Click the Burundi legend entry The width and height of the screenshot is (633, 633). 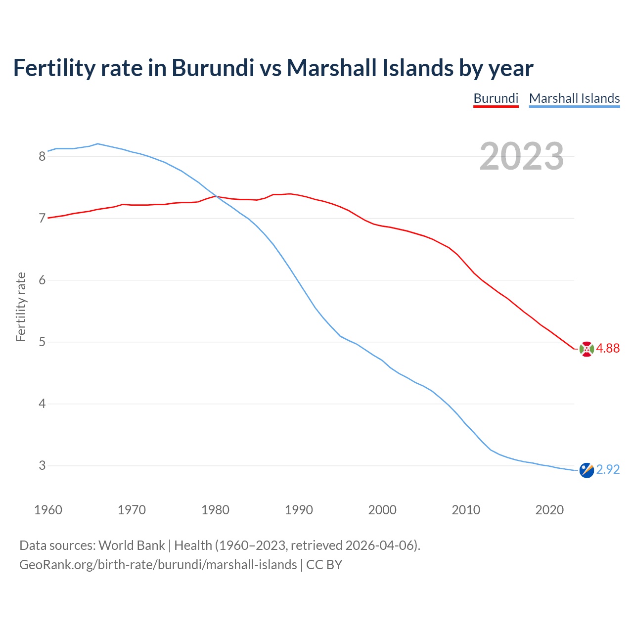pos(496,98)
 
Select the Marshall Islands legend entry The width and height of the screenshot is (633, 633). pos(574,98)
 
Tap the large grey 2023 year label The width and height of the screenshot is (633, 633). pos(522,156)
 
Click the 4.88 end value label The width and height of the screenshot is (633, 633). pos(608,348)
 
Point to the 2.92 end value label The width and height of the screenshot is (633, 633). pos(608,469)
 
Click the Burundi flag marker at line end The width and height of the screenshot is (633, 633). pos(586,349)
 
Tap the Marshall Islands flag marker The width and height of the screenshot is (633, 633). pos(586,470)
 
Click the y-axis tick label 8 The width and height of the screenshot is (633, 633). pos(42,156)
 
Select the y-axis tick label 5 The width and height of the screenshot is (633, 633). pos(42,342)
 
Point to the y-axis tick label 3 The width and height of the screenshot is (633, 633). pos(42,465)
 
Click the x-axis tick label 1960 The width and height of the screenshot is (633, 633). pos(48,510)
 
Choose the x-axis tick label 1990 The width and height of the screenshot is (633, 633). pos(299,510)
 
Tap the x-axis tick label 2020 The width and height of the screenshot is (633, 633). pos(549,510)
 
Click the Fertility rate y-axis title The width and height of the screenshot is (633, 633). pos(21,307)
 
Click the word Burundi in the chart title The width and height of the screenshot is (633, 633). pos(213,68)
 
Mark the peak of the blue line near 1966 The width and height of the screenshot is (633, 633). pos(98,144)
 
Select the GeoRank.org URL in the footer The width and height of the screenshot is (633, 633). pos(158,565)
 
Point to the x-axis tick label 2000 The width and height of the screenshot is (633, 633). pos(382,510)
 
